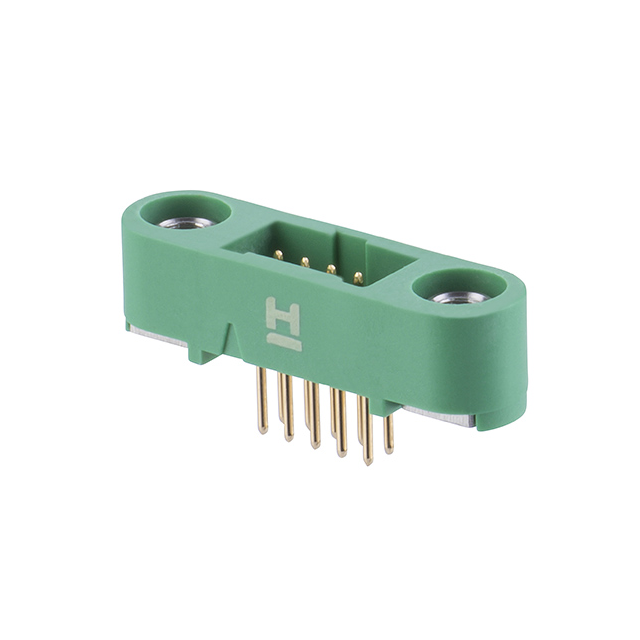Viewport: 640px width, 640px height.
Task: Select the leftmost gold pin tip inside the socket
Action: coord(278,254)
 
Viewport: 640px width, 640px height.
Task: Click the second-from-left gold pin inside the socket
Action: coord(302,261)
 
